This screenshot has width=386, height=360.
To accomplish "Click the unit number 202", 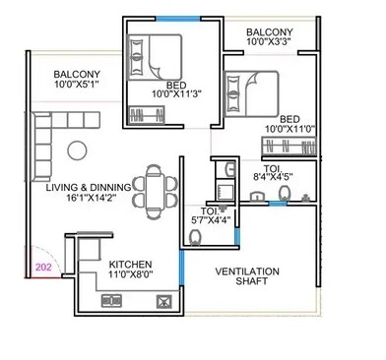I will point(43,266).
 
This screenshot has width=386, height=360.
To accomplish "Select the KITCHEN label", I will point(131,265).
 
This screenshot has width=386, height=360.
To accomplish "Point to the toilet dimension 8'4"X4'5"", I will point(273,178).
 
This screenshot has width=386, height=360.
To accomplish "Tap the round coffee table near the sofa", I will point(76,150).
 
